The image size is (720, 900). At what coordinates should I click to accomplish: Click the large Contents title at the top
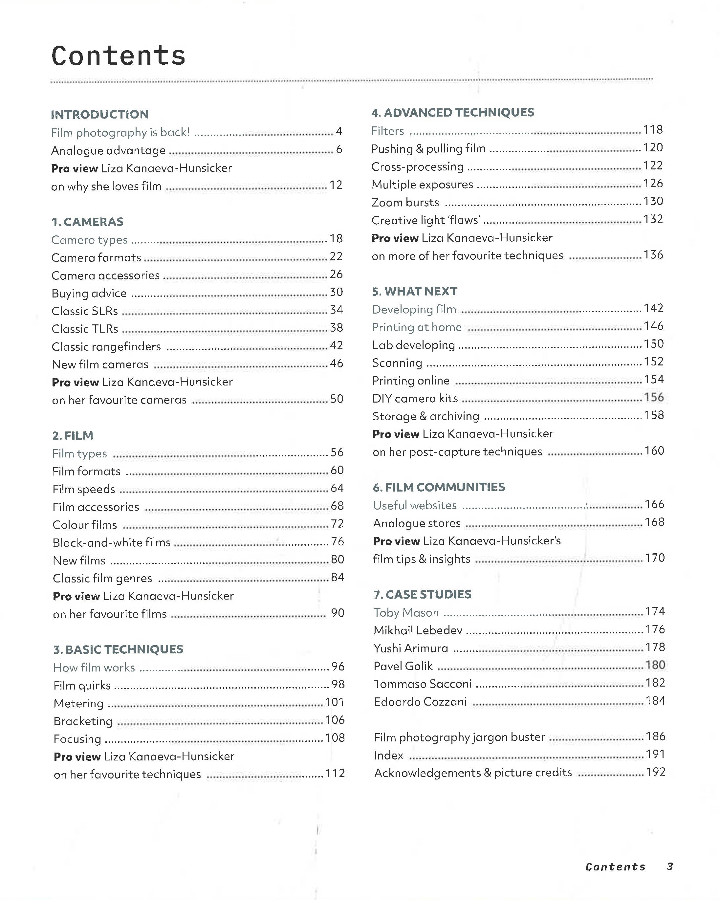[119, 55]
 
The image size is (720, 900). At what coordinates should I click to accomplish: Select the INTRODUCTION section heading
[100, 114]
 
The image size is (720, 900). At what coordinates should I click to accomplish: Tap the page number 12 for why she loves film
[336, 185]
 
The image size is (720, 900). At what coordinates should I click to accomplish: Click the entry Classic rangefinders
[106, 346]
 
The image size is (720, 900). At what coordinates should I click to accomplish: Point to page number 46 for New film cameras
[337, 363]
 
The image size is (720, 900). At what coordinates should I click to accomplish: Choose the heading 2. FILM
[73, 435]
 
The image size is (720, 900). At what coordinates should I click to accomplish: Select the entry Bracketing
[83, 721]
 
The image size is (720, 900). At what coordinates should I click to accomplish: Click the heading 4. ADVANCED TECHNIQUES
[452, 112]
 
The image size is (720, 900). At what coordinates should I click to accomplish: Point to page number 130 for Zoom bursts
[653, 201]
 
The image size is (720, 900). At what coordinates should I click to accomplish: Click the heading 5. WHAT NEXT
[414, 291]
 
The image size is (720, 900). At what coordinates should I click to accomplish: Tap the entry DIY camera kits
[415, 398]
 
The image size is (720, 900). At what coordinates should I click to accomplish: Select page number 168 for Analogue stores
[654, 522]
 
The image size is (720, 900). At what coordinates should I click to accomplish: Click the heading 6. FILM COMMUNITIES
[439, 487]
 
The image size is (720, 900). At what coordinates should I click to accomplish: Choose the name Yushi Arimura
[411, 648]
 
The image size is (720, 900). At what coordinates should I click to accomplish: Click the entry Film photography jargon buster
[459, 737]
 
